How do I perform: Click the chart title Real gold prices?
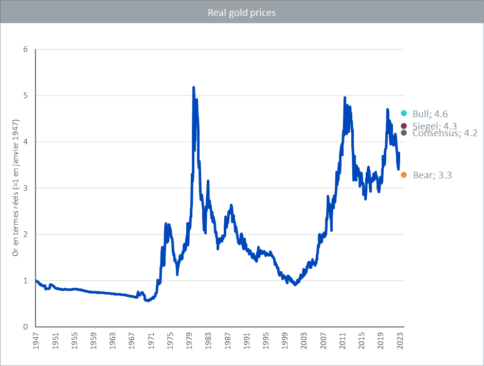tap(242, 12)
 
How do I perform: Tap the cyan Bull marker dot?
tap(404, 113)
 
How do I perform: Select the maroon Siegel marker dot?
tap(404, 126)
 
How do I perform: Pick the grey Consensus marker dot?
tap(404, 133)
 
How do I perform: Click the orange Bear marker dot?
tap(404, 175)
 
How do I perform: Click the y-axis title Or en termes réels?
tap(16, 188)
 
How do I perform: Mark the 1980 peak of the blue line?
tap(193, 87)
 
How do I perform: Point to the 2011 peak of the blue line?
tap(345, 97)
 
